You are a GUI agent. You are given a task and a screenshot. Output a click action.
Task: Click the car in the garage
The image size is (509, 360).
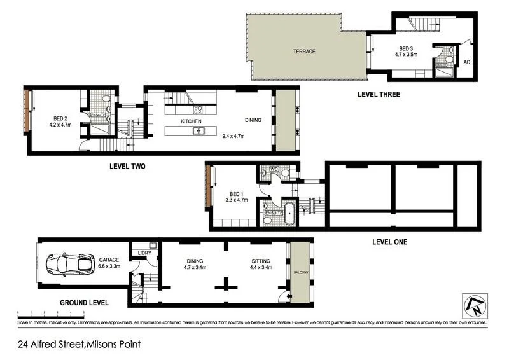pyautogui.click(x=68, y=263)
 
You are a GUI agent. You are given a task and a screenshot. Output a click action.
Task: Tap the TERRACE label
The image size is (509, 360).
pyautogui.click(x=303, y=52)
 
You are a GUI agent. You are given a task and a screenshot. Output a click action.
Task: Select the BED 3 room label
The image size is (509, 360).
pyautogui.click(x=407, y=49)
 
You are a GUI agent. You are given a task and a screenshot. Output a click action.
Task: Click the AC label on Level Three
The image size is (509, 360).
pyautogui.click(x=466, y=62)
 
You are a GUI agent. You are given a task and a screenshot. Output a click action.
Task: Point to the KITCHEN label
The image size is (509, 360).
pyautogui.click(x=191, y=121)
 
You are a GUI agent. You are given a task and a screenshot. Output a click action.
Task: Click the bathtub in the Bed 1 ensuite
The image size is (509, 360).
pyautogui.click(x=290, y=214)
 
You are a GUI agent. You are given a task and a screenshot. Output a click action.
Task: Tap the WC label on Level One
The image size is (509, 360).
pyautogui.click(x=275, y=169)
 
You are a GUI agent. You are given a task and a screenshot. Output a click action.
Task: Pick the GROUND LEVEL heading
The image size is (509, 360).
pyautogui.click(x=84, y=303)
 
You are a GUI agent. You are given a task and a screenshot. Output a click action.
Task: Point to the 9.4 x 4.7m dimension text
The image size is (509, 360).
pyautogui.click(x=233, y=135)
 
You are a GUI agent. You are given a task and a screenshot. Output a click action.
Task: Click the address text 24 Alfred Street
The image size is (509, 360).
pyautogui.click(x=78, y=345)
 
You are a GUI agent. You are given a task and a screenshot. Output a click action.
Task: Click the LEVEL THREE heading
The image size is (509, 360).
pyautogui.click(x=379, y=95)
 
